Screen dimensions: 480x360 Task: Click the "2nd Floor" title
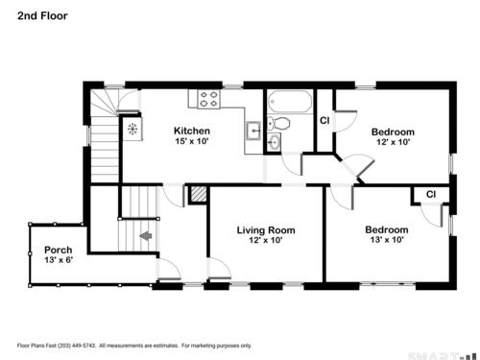point(42,16)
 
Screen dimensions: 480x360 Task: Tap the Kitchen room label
point(192,131)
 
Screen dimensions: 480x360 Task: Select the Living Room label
point(266,230)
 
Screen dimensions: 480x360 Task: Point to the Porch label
point(58,250)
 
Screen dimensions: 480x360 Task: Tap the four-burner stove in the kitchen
point(209,99)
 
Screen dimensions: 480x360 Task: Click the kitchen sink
point(254,131)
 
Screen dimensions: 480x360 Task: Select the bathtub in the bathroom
point(290,102)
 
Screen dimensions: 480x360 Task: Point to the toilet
point(278,123)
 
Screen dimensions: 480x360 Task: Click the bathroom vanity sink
point(275,142)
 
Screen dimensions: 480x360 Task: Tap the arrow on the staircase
point(146,236)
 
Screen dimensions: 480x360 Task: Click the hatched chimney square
point(199,194)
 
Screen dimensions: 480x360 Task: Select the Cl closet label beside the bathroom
point(324,120)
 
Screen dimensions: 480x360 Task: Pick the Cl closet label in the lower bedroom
point(431,194)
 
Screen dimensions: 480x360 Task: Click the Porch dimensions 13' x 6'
point(59,259)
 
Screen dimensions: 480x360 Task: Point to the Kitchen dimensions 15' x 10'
point(192,141)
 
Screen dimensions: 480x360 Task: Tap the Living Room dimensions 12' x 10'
point(266,240)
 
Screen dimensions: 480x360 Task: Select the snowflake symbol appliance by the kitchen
point(132,129)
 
